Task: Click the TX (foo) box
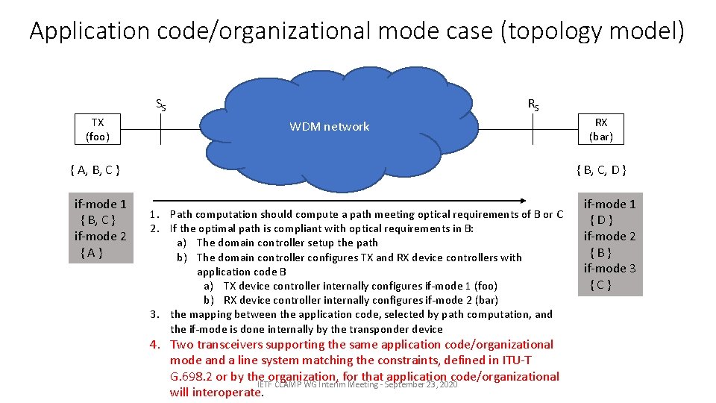[x=98, y=129]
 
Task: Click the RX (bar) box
[x=600, y=129]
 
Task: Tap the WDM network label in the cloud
[x=329, y=127]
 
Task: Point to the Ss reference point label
[x=160, y=104]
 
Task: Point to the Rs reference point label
[x=533, y=104]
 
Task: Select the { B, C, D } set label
[x=601, y=169]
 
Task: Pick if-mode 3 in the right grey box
[x=609, y=268]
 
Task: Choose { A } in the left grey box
[x=90, y=252]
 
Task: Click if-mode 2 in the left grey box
[x=100, y=236]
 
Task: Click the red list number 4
[x=154, y=345]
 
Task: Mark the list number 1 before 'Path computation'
[x=154, y=214]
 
